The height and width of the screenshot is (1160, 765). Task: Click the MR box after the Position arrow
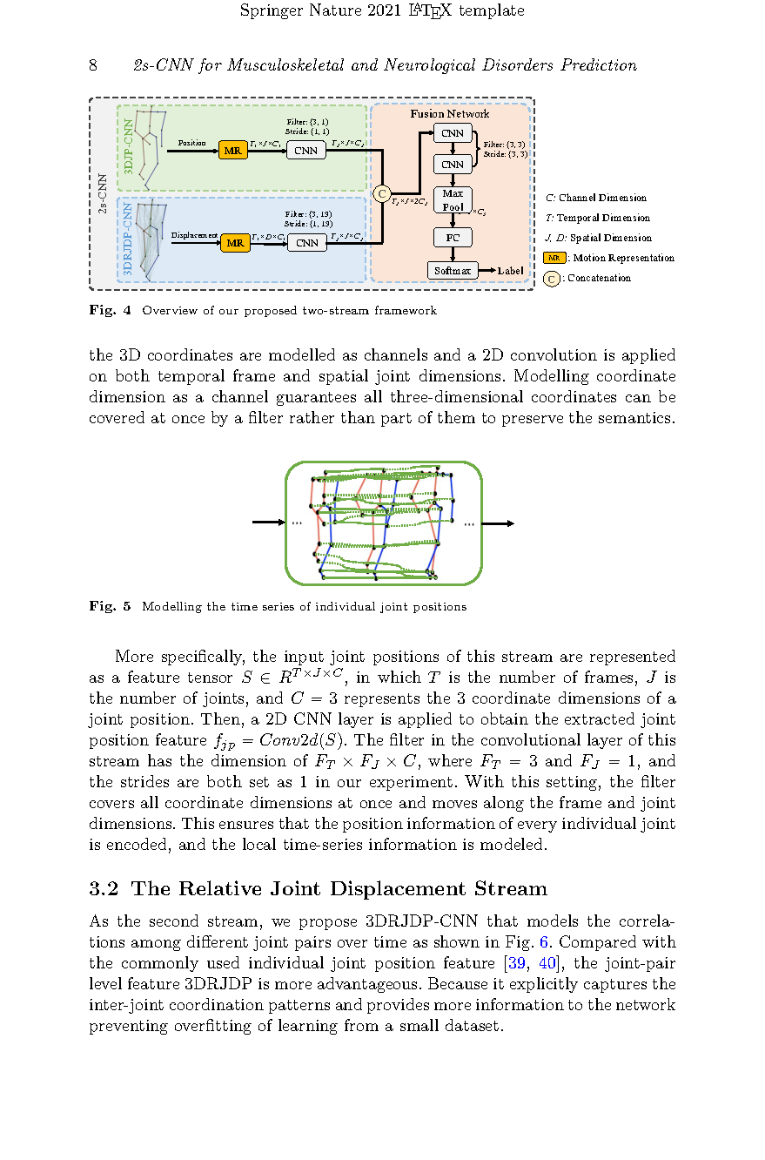pos(232,151)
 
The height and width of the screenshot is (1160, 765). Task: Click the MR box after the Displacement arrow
pos(235,243)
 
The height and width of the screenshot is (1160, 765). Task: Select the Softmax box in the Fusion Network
pos(453,271)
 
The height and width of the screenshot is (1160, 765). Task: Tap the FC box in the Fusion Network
pos(453,238)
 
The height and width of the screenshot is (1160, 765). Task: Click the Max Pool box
pos(453,200)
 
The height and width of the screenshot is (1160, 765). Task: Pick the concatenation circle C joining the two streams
pos(381,192)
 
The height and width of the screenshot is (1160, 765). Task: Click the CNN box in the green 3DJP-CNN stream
pos(306,151)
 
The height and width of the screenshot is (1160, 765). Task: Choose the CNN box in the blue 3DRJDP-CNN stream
pos(306,243)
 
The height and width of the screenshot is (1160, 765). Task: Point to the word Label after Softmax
pos(511,271)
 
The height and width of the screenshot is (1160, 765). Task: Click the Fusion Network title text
pos(450,114)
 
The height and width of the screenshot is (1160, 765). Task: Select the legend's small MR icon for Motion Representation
pos(554,258)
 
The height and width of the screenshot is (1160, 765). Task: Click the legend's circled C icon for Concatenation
pos(552,279)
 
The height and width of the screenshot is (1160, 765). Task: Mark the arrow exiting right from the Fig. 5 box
pos(498,523)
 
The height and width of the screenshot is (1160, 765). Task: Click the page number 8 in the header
pos(93,66)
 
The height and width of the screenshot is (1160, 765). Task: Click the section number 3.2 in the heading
pos(104,889)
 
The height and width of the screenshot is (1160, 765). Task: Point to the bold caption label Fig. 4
pos(110,311)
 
